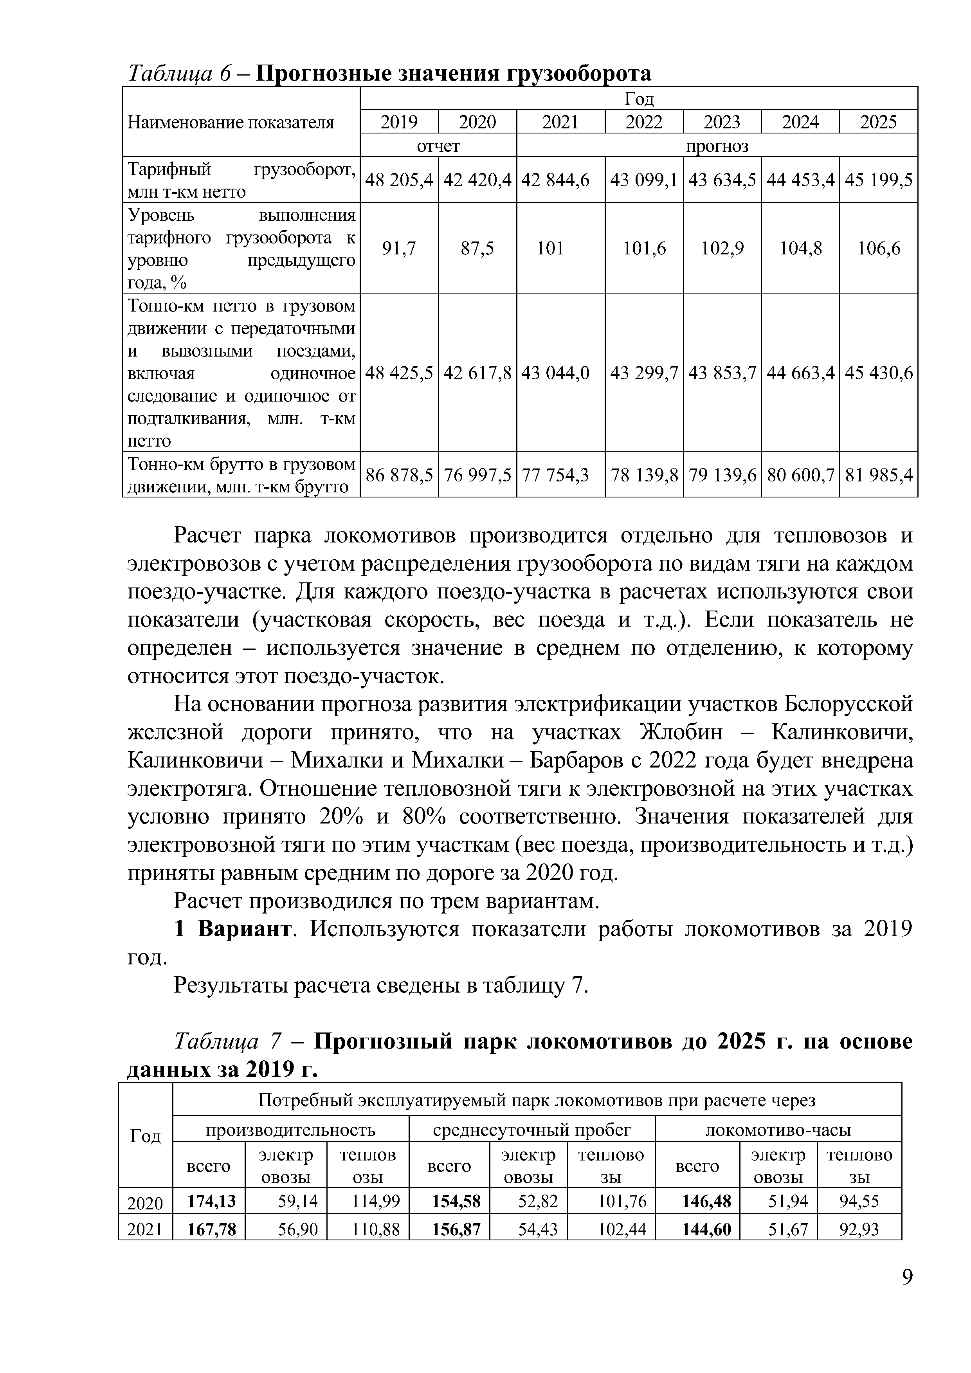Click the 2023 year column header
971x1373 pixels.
722,122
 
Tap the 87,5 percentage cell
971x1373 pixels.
477,248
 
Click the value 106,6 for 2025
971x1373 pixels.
878,248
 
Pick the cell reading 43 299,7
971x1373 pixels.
644,373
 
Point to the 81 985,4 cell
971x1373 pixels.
878,475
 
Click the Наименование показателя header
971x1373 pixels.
231,123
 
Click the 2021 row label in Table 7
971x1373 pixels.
145,1229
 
